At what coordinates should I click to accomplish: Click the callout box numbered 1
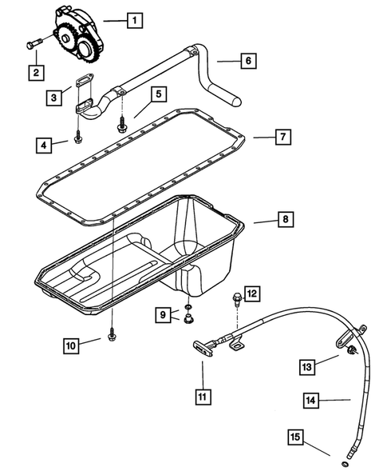(x=135, y=18)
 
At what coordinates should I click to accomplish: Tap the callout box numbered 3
(x=53, y=98)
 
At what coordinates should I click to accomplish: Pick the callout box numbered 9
(x=163, y=315)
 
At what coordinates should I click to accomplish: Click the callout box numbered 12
(x=251, y=294)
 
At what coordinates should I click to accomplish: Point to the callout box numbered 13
(x=307, y=366)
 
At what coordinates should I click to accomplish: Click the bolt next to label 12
(x=235, y=301)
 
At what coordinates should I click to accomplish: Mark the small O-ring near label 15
(x=344, y=462)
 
